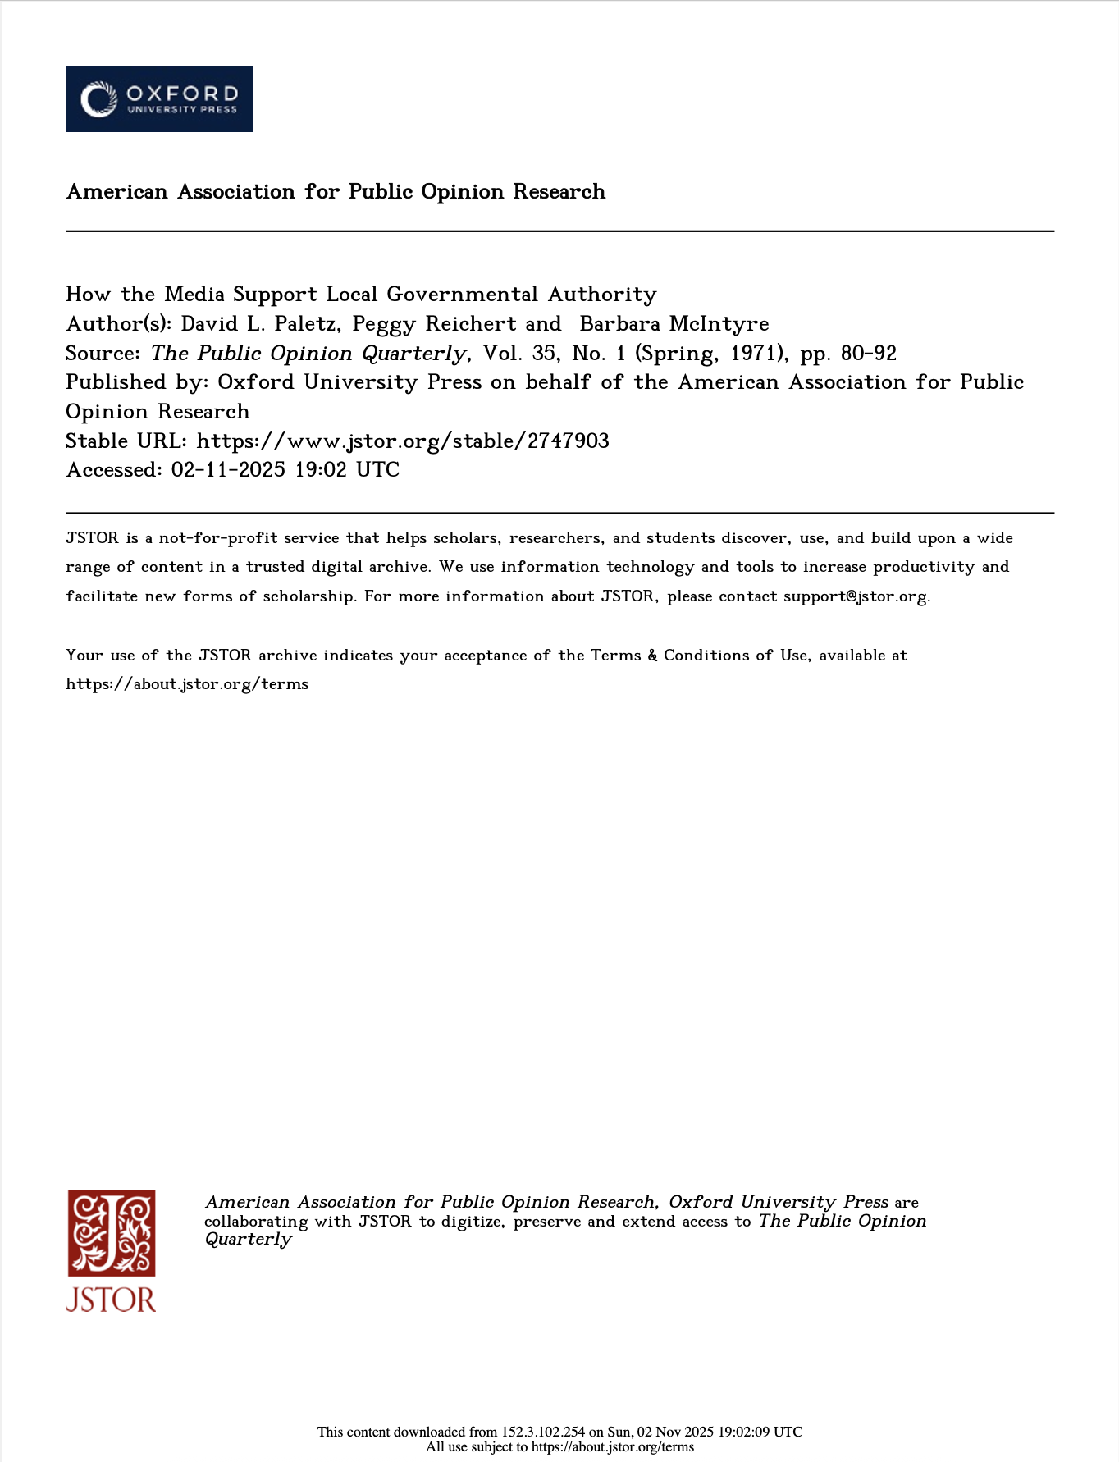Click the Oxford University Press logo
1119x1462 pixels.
coord(159,99)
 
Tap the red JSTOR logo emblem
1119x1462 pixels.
coord(112,1233)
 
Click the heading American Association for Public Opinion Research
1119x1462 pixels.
coord(336,192)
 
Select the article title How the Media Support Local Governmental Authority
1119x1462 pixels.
coord(361,295)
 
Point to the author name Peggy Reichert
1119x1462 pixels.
coord(434,324)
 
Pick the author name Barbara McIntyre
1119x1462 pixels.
coord(674,324)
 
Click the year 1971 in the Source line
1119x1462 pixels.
coord(752,354)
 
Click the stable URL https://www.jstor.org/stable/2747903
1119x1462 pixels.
coord(403,441)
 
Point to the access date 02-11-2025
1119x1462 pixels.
coord(228,470)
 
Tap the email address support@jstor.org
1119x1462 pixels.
coord(856,596)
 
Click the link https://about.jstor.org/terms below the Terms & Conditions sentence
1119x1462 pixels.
coord(187,684)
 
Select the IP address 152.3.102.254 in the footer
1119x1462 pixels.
coord(543,1432)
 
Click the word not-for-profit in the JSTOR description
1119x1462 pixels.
coord(217,538)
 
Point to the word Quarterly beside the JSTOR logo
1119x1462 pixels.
coord(248,1240)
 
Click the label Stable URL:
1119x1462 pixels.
coord(127,441)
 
